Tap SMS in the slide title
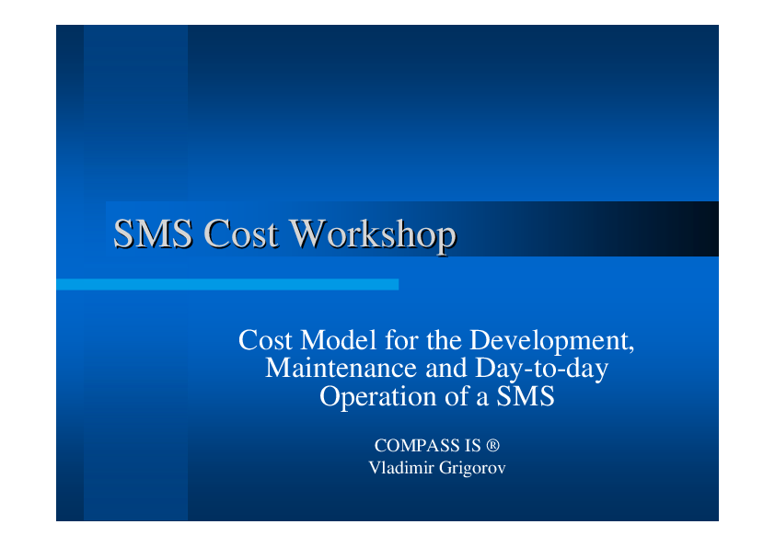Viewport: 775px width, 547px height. click(x=153, y=233)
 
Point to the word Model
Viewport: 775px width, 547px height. click(x=339, y=340)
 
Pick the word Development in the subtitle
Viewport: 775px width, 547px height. click(x=551, y=342)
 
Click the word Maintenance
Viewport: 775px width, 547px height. click(x=341, y=369)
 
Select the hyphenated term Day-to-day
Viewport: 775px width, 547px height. click(x=541, y=370)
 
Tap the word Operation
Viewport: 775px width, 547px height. click(x=378, y=398)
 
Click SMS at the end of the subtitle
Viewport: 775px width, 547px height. click(x=526, y=396)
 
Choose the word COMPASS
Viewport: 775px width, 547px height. click(x=417, y=446)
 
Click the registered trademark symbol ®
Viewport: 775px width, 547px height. click(x=492, y=445)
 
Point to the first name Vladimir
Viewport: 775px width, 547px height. click(x=400, y=468)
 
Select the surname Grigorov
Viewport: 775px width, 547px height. click(x=472, y=469)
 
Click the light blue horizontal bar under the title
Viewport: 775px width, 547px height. click(x=227, y=284)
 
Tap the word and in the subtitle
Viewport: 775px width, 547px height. click(x=446, y=369)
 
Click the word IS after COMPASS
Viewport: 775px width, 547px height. click(x=472, y=446)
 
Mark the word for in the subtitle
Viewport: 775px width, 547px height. click(x=401, y=340)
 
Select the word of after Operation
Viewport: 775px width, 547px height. click(x=457, y=396)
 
